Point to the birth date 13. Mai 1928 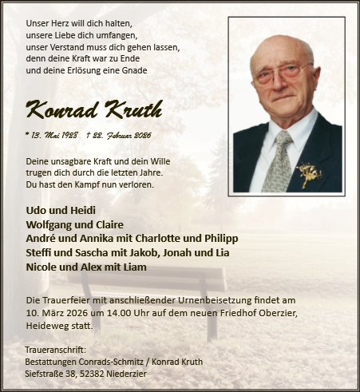(53, 136)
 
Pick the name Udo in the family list (36, 212)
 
